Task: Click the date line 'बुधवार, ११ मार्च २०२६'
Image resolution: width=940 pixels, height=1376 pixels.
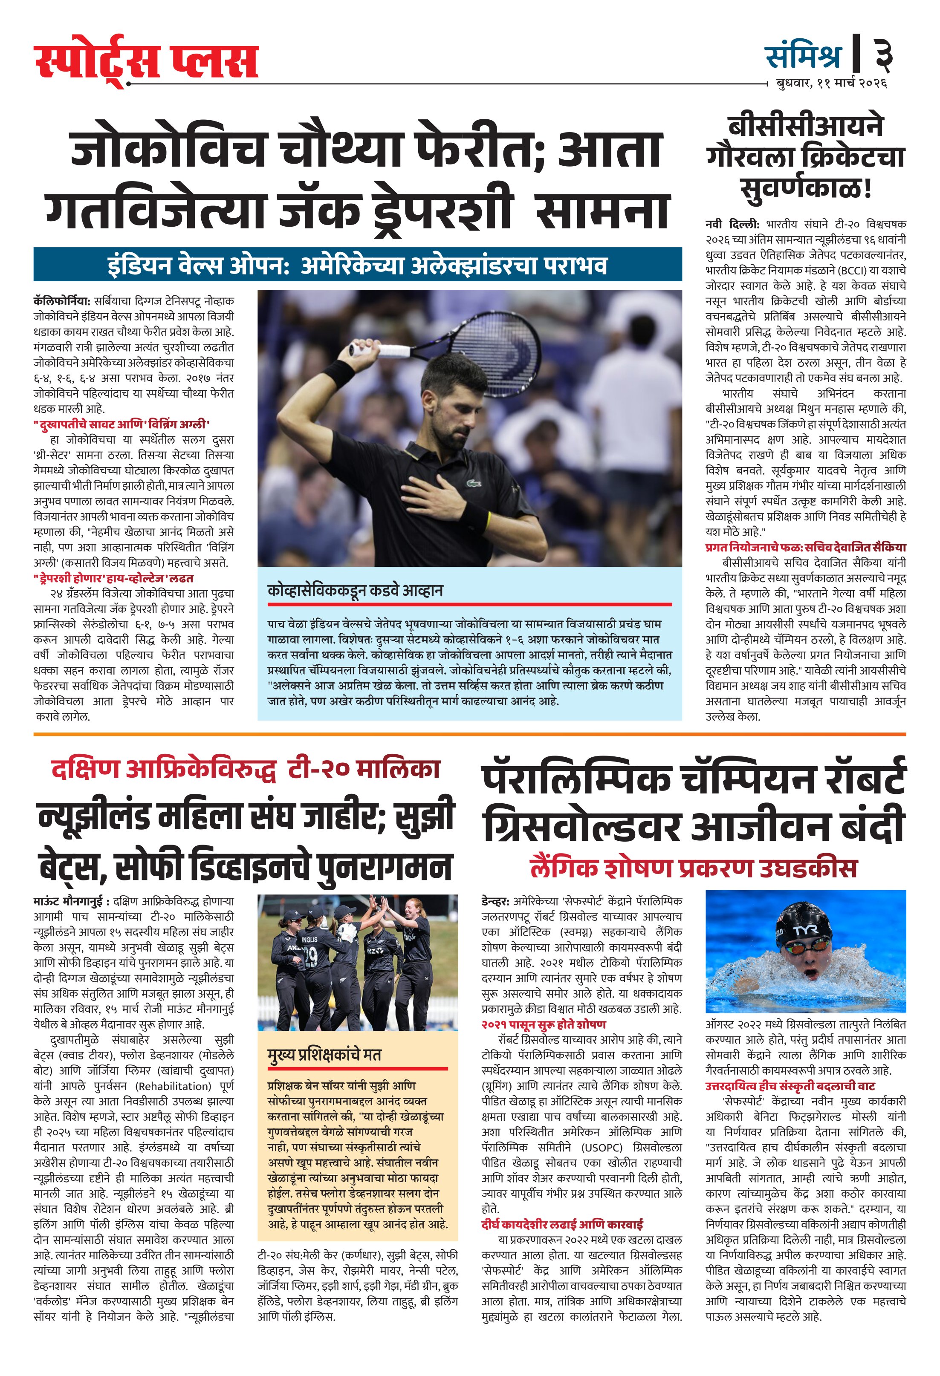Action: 831,84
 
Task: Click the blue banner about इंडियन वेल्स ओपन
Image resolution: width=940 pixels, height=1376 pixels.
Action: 357,265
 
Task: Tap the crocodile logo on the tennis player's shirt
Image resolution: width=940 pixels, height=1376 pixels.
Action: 473,482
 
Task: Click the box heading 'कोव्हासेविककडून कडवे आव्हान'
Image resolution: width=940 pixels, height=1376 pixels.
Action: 356,590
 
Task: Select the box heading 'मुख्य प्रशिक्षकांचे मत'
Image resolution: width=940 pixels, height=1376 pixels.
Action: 324,1055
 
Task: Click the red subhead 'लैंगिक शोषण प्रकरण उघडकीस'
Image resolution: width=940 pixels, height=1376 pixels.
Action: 694,868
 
